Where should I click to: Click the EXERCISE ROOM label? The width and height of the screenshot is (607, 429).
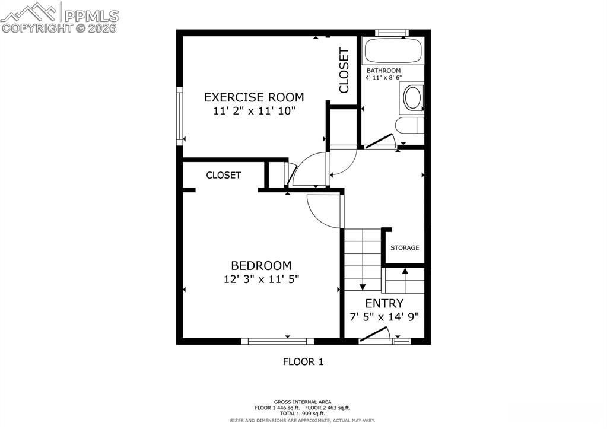click(x=254, y=97)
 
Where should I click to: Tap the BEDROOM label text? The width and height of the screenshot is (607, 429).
click(x=261, y=266)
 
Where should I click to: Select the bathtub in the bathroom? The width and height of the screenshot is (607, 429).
click(x=393, y=50)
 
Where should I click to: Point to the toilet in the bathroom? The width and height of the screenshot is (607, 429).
click(x=409, y=125)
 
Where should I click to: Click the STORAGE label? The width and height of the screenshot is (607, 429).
click(x=405, y=248)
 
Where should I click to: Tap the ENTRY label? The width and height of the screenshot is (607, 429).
click(x=384, y=303)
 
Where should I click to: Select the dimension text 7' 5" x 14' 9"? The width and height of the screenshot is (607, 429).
click(x=384, y=317)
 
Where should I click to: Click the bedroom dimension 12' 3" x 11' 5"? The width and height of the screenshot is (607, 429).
click(x=261, y=279)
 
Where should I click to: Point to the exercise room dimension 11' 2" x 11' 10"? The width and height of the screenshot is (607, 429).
click(x=254, y=111)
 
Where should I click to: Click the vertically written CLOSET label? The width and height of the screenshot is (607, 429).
click(x=344, y=71)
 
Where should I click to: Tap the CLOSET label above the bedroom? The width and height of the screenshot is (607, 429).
click(x=223, y=176)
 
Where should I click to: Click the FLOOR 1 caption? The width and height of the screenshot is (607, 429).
click(x=303, y=361)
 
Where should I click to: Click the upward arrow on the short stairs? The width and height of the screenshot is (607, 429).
click(x=405, y=280)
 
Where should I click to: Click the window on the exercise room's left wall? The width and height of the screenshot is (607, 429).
click(x=179, y=116)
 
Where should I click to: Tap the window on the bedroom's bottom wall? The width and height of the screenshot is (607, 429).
click(x=277, y=341)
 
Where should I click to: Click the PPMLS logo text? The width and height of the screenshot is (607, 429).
click(x=91, y=15)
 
